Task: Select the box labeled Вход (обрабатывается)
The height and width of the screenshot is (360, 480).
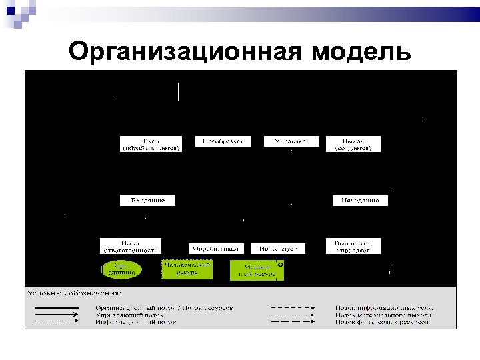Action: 151,144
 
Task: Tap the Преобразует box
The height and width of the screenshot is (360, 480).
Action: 223,141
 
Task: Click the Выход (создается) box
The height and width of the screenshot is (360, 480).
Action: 353,144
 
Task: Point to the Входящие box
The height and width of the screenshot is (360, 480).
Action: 147,200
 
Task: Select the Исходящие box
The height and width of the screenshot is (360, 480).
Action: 360,200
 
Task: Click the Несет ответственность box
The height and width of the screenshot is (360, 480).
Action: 131,246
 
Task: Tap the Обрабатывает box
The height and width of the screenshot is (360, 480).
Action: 216,248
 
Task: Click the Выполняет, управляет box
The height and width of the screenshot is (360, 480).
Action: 353,246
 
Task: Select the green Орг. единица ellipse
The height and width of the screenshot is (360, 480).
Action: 122,269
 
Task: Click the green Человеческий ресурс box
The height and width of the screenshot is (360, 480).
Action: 187,269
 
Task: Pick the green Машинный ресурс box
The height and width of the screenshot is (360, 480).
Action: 255,270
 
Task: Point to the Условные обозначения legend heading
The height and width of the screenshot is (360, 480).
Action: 74,292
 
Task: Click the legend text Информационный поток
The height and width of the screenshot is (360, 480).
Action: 136,322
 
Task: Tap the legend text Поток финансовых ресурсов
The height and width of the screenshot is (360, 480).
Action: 383,322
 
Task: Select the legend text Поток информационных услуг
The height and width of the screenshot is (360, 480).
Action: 385,307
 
